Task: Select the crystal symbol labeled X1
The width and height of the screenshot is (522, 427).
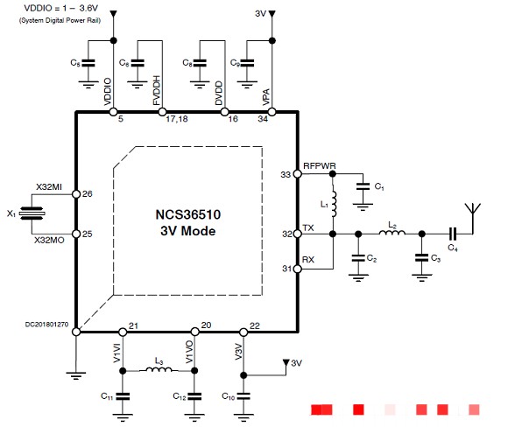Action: coord(32,213)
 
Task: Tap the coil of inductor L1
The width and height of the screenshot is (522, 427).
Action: coord(334,204)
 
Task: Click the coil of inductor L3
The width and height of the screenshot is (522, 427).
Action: coord(159,369)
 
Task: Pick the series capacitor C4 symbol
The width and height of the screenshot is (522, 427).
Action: coord(453,234)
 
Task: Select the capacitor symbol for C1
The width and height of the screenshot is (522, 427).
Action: coord(363,186)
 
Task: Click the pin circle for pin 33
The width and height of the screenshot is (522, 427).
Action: coord(297,174)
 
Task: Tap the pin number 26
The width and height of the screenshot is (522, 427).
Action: coord(88,194)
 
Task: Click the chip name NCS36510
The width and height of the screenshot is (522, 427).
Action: coord(188,214)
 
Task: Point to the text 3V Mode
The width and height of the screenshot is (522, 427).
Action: coord(188,231)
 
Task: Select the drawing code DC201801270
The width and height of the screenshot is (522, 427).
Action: coord(46,324)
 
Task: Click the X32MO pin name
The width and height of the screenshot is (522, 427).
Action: coord(49,240)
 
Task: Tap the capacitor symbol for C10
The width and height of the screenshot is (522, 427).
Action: coord(243,396)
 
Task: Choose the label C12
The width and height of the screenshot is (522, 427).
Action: coord(180,396)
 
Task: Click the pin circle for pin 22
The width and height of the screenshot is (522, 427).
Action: coord(243,332)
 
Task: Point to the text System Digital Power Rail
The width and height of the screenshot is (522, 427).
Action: coord(60,20)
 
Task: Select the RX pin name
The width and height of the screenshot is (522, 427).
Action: coord(308,259)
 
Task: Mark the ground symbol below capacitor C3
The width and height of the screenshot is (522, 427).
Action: coord(422,278)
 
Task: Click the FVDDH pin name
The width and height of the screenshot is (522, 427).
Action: coord(157,90)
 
